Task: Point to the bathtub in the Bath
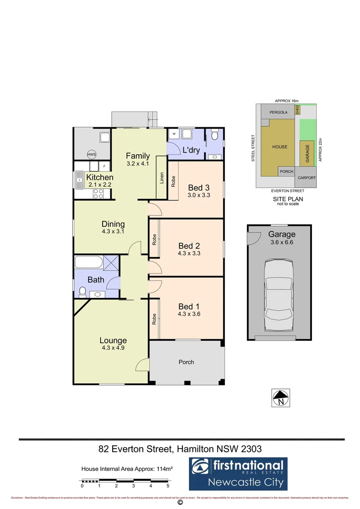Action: (89, 262)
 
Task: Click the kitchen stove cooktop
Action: (98, 179)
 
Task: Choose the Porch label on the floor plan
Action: (186, 362)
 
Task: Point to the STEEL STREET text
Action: (253, 148)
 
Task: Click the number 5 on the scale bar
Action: (168, 485)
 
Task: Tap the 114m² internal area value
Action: (159, 468)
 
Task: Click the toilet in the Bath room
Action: (82, 292)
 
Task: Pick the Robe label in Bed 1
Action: (154, 319)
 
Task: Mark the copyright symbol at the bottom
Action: (179, 503)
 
